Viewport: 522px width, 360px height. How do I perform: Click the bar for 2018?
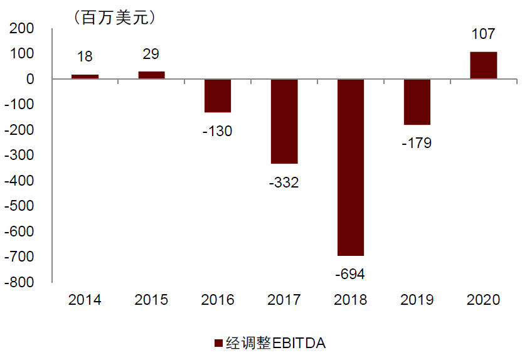point(351,167)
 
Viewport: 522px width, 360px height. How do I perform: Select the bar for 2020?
point(483,65)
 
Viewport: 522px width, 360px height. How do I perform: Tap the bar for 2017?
point(284,121)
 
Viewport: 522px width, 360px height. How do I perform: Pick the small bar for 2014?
point(85,77)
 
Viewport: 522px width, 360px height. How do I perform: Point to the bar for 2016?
point(218,96)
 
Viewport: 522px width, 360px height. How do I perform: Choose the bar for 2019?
point(417,102)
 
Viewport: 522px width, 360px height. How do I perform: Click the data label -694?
point(351,273)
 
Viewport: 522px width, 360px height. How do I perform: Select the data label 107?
point(483,34)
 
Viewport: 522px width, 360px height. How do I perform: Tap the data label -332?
point(284,183)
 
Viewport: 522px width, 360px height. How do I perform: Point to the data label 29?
point(151,55)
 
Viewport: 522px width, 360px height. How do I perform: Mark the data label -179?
point(417,143)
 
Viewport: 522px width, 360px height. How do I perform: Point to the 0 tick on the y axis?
point(30,80)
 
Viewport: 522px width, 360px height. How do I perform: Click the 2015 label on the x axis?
point(151,300)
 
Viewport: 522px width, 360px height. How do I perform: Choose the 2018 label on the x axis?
point(351,300)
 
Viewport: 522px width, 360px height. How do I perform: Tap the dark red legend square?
point(218,343)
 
